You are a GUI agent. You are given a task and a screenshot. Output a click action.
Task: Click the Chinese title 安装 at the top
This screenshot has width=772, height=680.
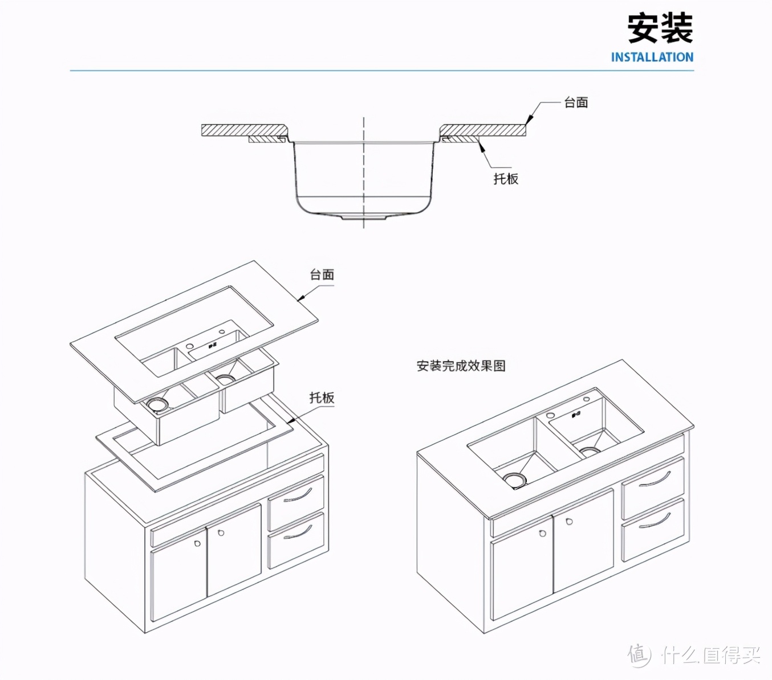(660, 28)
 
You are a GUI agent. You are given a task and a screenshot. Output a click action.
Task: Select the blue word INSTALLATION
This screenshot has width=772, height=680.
(652, 58)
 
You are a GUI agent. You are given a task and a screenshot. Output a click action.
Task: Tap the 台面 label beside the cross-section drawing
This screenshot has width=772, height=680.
(576, 103)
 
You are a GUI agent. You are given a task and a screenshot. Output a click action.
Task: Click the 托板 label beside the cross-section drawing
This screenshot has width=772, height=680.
(506, 179)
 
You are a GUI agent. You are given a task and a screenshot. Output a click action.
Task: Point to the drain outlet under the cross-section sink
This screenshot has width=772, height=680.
(364, 217)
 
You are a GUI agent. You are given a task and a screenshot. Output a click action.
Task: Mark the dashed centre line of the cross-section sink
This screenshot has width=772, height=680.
(364, 171)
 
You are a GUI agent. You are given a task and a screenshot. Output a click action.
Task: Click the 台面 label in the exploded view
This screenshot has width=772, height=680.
(322, 275)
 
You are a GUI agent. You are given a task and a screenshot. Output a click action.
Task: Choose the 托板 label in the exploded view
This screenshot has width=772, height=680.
(322, 398)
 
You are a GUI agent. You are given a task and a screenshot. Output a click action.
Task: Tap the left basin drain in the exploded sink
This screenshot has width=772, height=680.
(157, 404)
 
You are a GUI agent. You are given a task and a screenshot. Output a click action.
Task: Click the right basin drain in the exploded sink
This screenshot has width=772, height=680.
(225, 378)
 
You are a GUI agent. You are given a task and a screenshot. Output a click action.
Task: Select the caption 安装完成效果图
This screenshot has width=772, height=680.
(461, 366)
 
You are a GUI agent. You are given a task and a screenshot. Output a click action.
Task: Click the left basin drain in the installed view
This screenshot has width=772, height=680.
(515, 480)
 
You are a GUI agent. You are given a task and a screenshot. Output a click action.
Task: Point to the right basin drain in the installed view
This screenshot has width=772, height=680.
(590, 451)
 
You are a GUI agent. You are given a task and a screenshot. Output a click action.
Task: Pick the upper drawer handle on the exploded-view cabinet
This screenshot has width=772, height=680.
(298, 495)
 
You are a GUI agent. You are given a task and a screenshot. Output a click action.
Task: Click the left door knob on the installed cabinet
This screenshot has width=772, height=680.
(542, 534)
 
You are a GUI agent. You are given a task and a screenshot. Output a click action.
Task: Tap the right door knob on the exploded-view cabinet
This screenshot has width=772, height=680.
(221, 533)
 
